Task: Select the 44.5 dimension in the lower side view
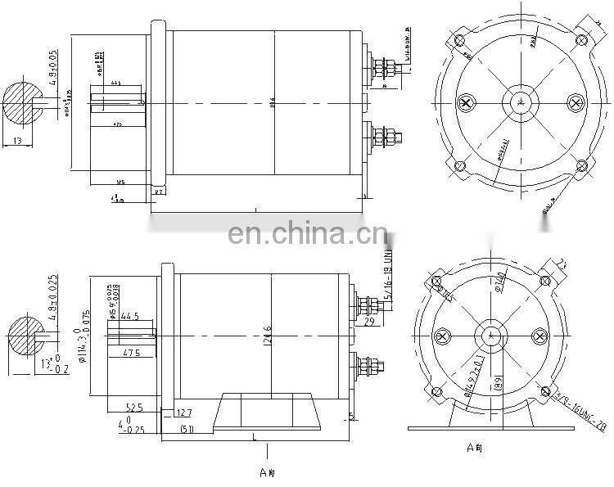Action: (x=129, y=316)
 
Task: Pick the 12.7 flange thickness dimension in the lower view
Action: (x=186, y=413)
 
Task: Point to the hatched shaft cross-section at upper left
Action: (x=24, y=103)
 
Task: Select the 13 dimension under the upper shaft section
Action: (x=18, y=142)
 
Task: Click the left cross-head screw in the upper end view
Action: (x=467, y=103)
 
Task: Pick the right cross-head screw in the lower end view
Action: (x=540, y=336)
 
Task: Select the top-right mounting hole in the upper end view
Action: (x=583, y=37)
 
